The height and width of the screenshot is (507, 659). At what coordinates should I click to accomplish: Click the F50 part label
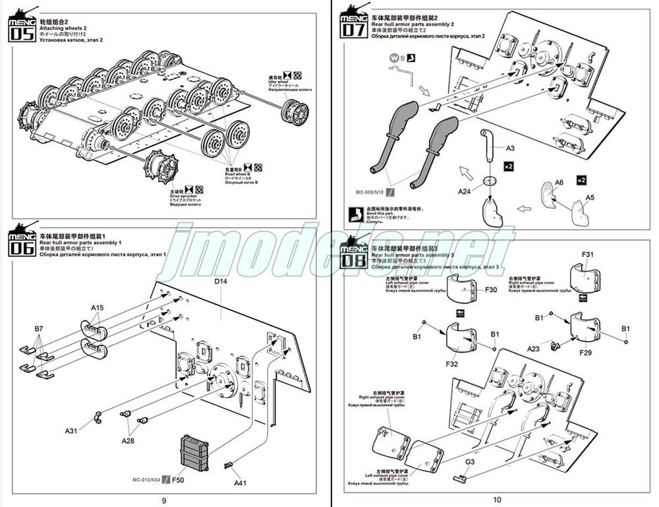[x=179, y=480]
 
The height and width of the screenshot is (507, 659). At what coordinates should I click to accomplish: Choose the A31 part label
[x=72, y=431]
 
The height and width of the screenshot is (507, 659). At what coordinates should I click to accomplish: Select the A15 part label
[x=97, y=308]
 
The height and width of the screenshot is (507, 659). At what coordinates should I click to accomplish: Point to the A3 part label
[x=510, y=149]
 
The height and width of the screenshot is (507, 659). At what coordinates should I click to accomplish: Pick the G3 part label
[x=469, y=462]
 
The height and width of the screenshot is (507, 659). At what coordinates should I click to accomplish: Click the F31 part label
[x=588, y=254]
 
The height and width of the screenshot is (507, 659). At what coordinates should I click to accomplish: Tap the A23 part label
[x=534, y=348]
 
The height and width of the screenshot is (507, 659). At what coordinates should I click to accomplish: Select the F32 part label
[x=451, y=363]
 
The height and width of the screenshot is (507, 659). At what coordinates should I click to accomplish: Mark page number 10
[x=496, y=500]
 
